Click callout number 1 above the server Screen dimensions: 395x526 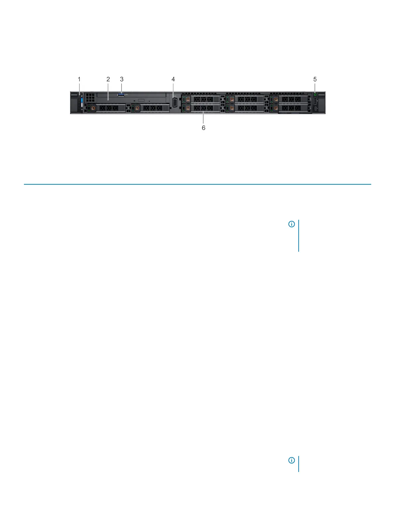[79, 79]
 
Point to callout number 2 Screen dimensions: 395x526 [108, 79]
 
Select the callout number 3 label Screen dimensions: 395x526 [122, 79]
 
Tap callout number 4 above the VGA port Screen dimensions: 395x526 [173, 79]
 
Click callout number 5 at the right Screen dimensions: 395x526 [315, 79]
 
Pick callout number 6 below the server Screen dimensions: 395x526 [204, 128]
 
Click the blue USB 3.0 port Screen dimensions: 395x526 [121, 95]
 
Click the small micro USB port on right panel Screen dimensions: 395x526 [315, 108]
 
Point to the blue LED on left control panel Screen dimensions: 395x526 [81, 101]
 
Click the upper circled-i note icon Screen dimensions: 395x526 [291, 224]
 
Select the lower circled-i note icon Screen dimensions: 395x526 [291, 460]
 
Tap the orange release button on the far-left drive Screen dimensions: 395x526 [93, 108]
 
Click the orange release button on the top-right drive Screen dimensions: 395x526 [276, 99]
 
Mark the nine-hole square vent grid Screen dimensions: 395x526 [90, 97]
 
